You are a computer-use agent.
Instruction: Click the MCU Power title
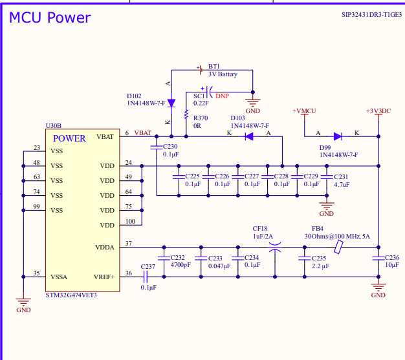50,18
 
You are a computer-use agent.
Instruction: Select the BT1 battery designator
213,67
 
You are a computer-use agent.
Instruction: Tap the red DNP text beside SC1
222,96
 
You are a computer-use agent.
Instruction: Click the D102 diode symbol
171,103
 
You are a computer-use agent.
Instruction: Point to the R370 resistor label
201,118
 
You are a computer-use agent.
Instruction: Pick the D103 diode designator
238,118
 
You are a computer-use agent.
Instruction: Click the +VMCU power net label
304,111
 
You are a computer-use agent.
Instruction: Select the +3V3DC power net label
378,111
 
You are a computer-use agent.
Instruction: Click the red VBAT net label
144,133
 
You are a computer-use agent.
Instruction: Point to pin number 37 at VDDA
128,244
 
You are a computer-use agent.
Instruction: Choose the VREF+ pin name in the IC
105,277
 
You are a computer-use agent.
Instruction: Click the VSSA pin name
60,277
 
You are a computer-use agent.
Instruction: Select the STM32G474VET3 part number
72,295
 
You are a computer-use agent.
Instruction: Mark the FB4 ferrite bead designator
317,229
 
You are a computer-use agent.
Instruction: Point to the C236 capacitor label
391,258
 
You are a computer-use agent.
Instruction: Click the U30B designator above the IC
54,125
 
